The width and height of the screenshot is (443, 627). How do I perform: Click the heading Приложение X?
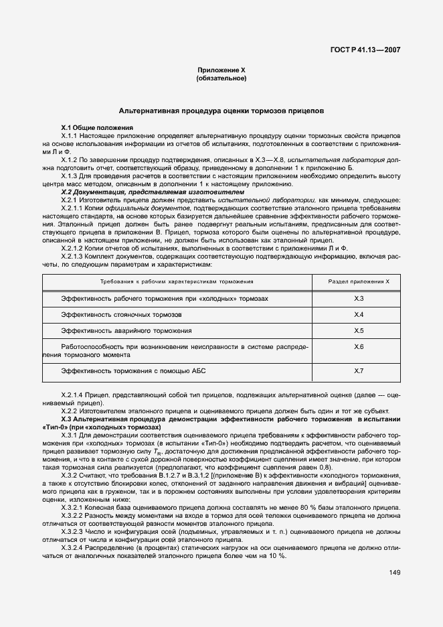(221, 70)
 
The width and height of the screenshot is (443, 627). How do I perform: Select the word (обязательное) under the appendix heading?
(221, 78)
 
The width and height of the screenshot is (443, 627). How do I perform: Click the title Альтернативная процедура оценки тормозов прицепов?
(221, 109)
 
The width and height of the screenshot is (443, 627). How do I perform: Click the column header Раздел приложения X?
(359, 282)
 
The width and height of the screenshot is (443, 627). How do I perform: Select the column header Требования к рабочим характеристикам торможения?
(177, 282)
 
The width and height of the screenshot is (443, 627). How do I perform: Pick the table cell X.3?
(359, 298)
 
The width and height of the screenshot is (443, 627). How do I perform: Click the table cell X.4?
(359, 314)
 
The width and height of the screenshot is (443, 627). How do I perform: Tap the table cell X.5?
(359, 331)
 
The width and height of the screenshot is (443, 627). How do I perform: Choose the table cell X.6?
(359, 347)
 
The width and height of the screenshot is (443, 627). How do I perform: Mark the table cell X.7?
(359, 370)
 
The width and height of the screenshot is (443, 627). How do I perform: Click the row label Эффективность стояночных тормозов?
(121, 314)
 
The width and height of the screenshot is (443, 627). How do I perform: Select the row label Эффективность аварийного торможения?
(126, 331)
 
